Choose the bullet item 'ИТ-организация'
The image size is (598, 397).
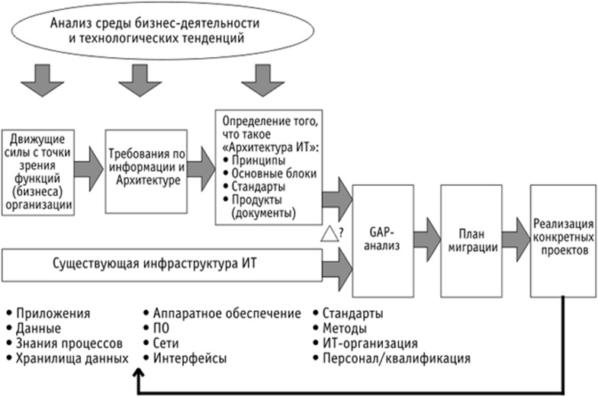(369, 342)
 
